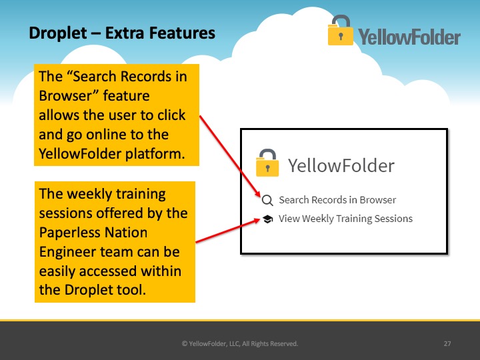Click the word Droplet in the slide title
pyautogui.click(x=58, y=33)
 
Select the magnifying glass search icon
pyautogui.click(x=267, y=201)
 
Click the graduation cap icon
pyautogui.click(x=267, y=219)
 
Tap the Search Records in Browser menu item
pyautogui.click(x=337, y=200)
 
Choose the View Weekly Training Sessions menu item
pyautogui.click(x=345, y=219)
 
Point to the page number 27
pyautogui.click(x=447, y=344)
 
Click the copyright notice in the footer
pyautogui.click(x=240, y=344)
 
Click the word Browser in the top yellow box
pyautogui.click(x=66, y=96)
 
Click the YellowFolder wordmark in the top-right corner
pyautogui.click(x=409, y=37)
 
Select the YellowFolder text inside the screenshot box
pyautogui.click(x=341, y=165)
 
